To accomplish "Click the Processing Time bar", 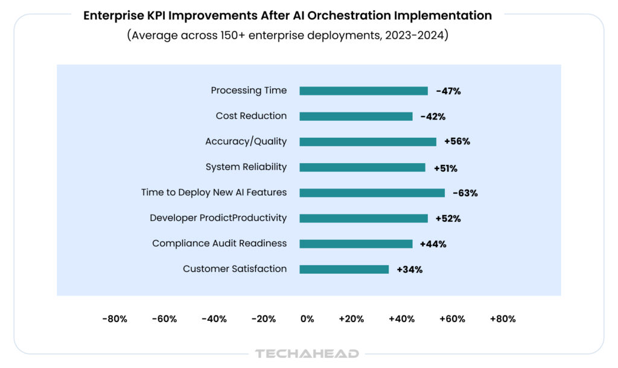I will click(x=363, y=91).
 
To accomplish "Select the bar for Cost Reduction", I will click(x=356, y=117).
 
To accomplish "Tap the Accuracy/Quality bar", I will click(x=368, y=142).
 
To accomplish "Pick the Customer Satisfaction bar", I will click(x=344, y=270).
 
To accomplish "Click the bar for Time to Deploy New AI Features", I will click(x=372, y=193).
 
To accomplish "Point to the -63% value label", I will click(x=465, y=193).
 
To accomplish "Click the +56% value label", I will click(x=457, y=142).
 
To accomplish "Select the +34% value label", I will click(x=409, y=270).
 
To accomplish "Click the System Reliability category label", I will click(x=246, y=167).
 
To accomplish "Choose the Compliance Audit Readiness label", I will click(x=219, y=244).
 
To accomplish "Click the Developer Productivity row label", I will click(x=218, y=218).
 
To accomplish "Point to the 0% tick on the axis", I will click(x=307, y=319).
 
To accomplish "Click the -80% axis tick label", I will click(x=115, y=319).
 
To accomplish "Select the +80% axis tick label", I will click(x=503, y=319).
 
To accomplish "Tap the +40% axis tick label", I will click(x=402, y=319).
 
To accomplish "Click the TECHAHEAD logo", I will click(x=307, y=353).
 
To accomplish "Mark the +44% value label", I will click(x=433, y=244).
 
